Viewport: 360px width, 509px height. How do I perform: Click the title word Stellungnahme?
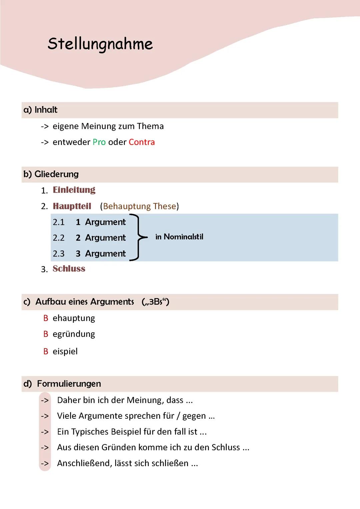(x=100, y=44)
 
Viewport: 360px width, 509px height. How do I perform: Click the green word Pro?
(x=99, y=142)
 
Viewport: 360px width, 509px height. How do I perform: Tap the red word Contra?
(x=142, y=142)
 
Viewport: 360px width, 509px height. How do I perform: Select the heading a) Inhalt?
(x=40, y=110)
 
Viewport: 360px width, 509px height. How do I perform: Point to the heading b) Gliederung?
(x=51, y=174)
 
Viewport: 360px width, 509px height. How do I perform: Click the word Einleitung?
(x=74, y=190)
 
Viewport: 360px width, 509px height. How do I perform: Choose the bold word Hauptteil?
(x=72, y=206)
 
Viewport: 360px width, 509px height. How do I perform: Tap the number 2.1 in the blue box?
(x=59, y=222)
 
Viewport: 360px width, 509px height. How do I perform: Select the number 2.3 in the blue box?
(x=59, y=254)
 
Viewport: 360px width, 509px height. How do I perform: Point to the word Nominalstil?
(x=183, y=237)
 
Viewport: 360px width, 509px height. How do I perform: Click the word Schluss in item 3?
(x=69, y=269)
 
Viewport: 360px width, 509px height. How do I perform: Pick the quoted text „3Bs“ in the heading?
(x=155, y=302)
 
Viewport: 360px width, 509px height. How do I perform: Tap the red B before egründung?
(x=46, y=334)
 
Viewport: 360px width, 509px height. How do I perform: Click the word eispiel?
(x=65, y=351)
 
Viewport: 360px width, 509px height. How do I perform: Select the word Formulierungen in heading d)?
(x=69, y=384)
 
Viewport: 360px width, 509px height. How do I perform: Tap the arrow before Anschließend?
(x=45, y=463)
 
